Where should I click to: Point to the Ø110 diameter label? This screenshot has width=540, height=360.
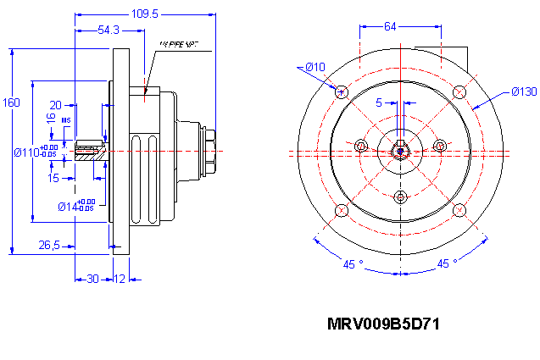pos(34,152)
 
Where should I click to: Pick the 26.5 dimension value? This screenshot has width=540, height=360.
pos(48,246)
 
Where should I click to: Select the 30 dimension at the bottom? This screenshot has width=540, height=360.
pos(92,279)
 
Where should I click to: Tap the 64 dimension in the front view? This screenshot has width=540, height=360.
pos(391,26)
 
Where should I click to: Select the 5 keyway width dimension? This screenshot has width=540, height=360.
pos(379,102)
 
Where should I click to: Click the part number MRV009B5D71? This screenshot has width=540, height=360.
pos(383,324)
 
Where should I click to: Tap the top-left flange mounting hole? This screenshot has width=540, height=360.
pos(342,91)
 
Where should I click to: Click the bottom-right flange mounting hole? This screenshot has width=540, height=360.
pos(459,209)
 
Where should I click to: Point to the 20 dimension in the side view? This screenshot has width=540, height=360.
pos(55,104)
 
